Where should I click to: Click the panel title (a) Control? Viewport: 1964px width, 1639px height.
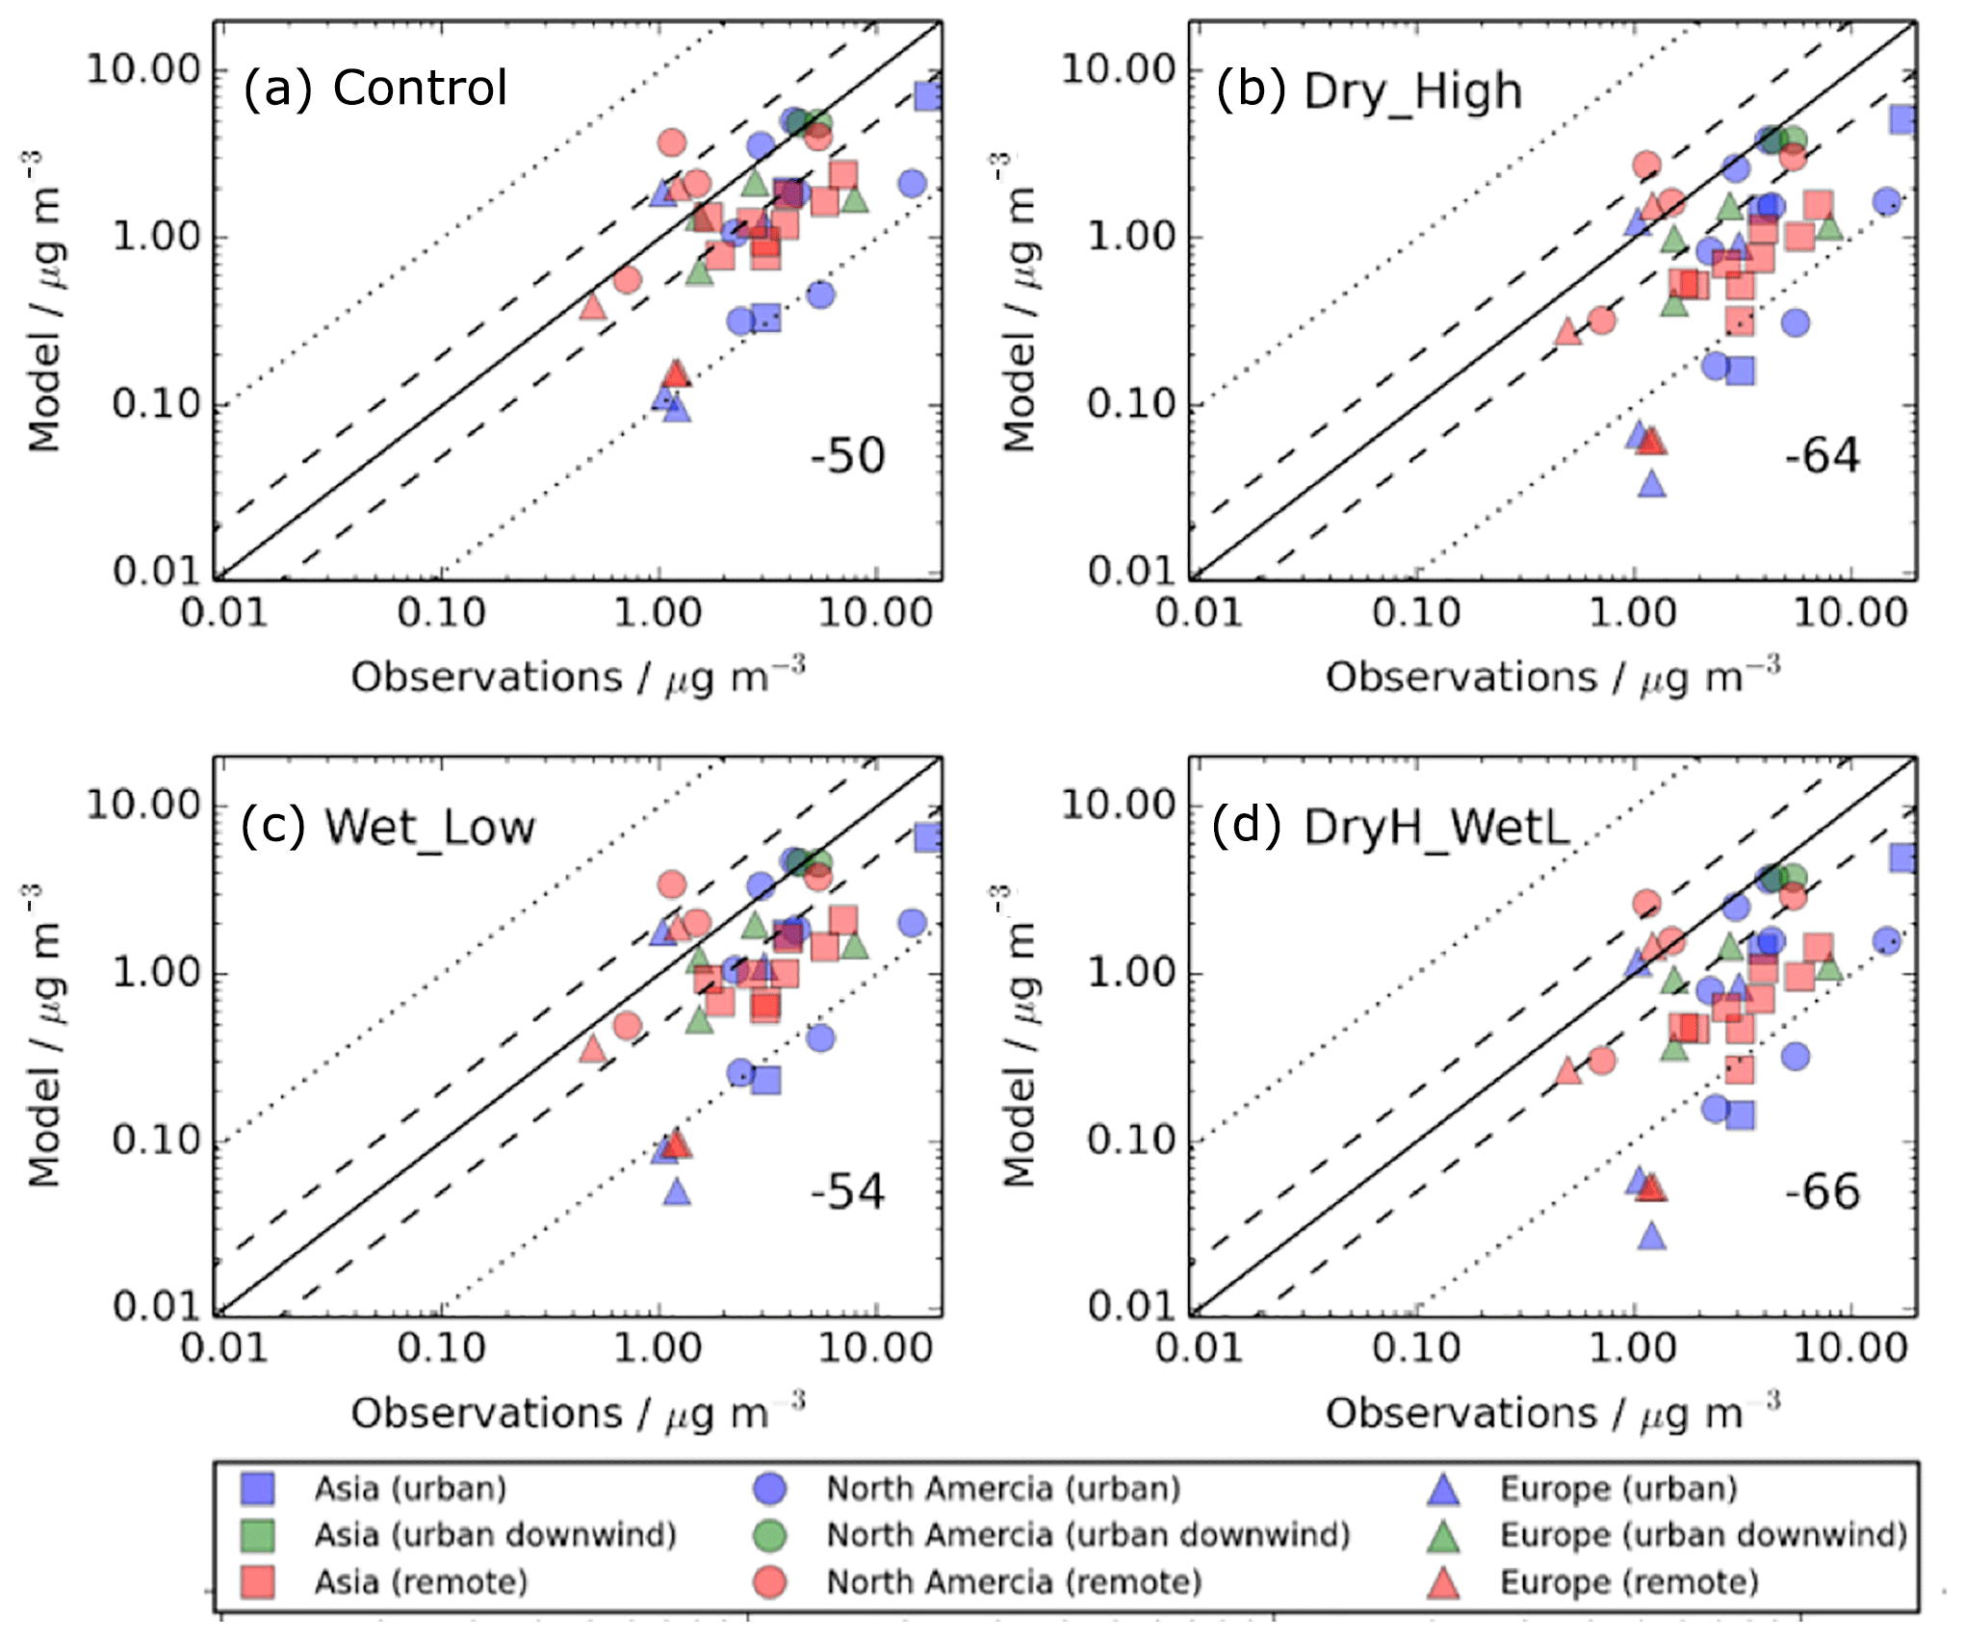click(x=375, y=89)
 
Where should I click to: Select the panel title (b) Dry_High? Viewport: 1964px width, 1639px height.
click(x=1369, y=91)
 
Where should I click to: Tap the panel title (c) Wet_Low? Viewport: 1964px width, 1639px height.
click(x=387, y=827)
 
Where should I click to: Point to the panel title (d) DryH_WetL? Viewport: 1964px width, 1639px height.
click(x=1389, y=827)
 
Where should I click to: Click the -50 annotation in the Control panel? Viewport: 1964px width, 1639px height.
click(x=847, y=456)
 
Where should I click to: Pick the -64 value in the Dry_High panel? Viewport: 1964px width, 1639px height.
click(x=1822, y=456)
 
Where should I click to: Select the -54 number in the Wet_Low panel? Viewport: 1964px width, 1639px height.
click(x=847, y=1192)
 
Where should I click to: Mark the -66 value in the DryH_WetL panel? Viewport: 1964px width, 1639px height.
click(x=1822, y=1192)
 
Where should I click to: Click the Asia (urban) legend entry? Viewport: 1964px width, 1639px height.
click(x=409, y=1489)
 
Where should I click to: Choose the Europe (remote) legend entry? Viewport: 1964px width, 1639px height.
click(x=1628, y=1582)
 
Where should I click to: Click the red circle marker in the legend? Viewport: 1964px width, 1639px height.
click(x=770, y=1582)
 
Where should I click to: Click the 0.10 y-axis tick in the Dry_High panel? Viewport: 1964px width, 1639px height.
click(x=1131, y=404)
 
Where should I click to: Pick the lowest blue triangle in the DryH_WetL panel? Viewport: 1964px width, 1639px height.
click(x=1652, y=1236)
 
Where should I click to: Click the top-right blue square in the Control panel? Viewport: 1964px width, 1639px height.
click(x=928, y=96)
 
